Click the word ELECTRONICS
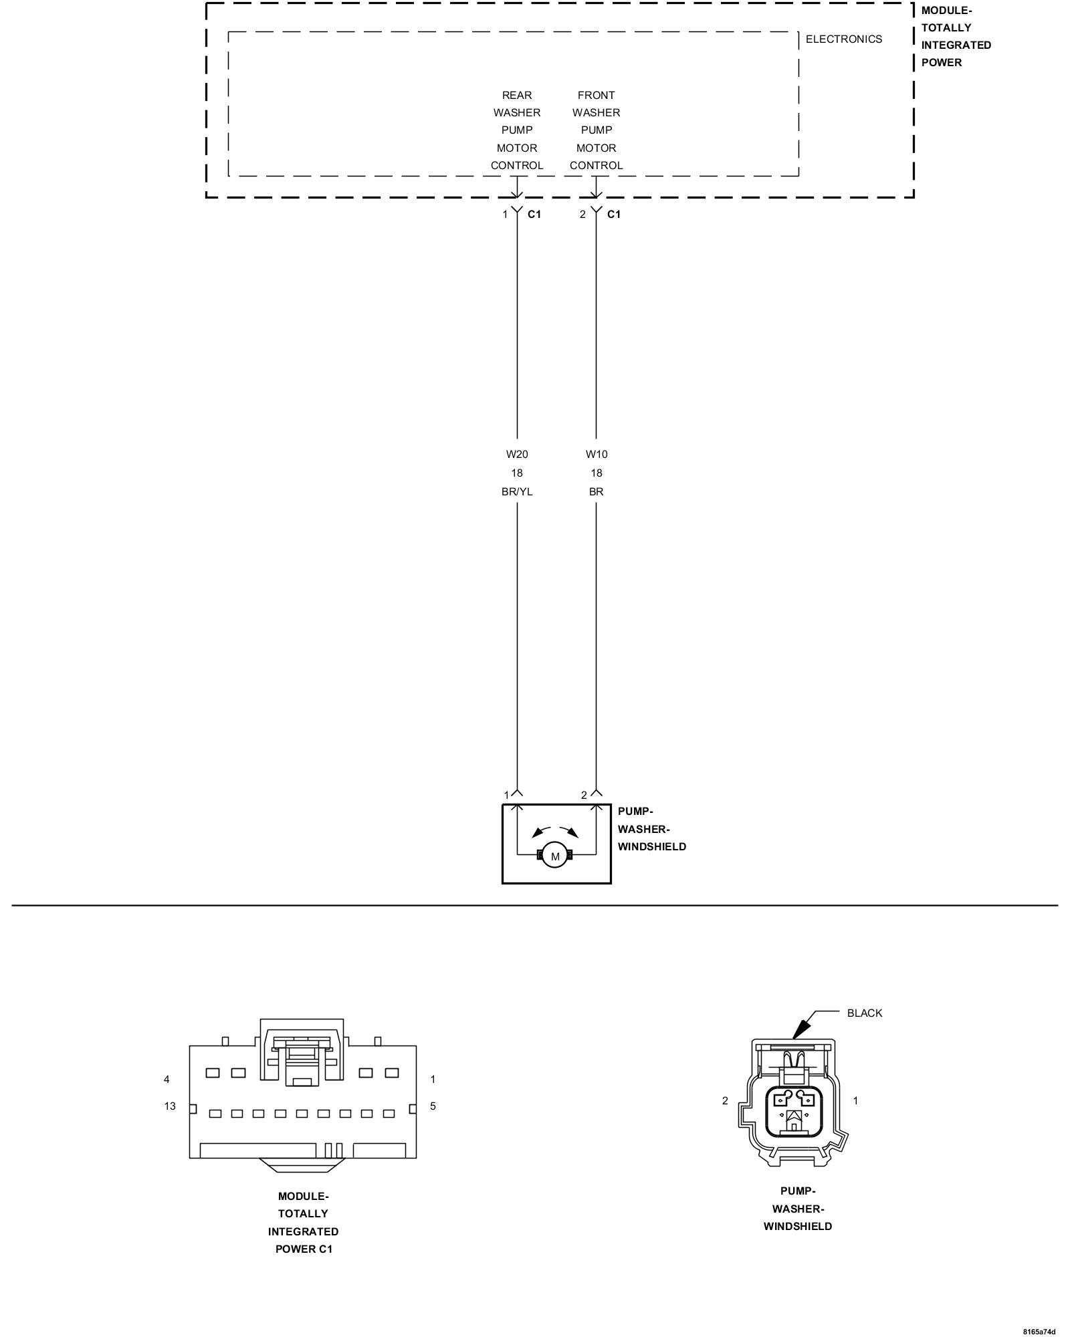tap(843, 39)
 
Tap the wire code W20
tap(517, 455)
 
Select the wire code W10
tap(597, 455)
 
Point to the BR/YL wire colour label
tap(517, 492)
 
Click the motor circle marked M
tap(555, 856)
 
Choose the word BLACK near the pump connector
tap(864, 1013)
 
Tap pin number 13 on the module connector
tap(170, 1106)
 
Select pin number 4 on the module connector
tap(167, 1079)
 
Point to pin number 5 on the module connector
tap(433, 1106)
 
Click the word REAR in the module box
tap(517, 96)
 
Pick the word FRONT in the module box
tap(596, 96)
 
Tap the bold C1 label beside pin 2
tap(613, 215)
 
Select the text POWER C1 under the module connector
tap(304, 1249)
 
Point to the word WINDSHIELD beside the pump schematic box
tap(651, 847)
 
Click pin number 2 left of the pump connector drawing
tap(725, 1100)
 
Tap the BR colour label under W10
tap(597, 492)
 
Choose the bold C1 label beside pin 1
tap(534, 215)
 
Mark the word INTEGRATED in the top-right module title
tap(956, 45)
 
